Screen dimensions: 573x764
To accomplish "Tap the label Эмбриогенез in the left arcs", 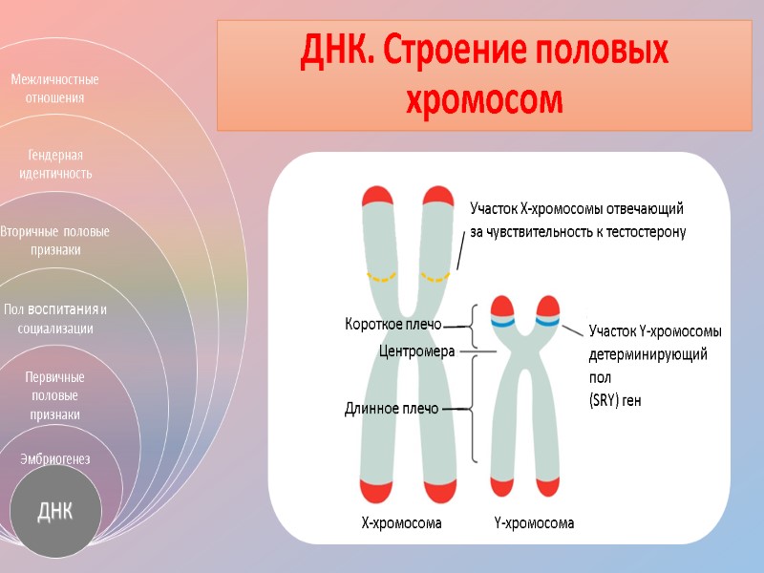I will point(54,459).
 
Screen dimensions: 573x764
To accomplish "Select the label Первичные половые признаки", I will point(54,395).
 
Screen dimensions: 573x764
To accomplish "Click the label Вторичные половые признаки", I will point(54,241).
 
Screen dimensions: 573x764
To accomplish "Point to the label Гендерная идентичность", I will point(54,164).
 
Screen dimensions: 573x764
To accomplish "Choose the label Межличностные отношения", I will point(54,88).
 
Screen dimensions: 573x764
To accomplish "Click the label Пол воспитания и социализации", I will point(54,318).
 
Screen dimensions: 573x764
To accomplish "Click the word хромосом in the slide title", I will point(486,100).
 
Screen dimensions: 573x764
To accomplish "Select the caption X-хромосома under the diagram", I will point(401,523).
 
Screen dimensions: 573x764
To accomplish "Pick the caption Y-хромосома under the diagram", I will point(534,523).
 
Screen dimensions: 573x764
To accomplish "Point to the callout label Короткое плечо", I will point(393,325).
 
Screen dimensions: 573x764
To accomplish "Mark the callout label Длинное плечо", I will point(392,409).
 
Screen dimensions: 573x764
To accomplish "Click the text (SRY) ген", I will point(615,401).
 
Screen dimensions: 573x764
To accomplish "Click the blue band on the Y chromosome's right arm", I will point(547,323).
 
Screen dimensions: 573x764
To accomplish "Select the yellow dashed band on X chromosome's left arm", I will point(383,278).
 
